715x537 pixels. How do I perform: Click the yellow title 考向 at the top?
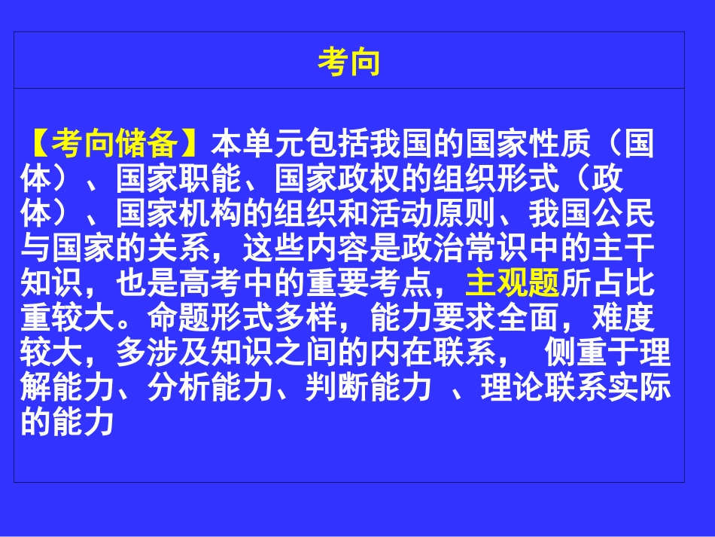point(349,63)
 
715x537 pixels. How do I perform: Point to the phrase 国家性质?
point(528,143)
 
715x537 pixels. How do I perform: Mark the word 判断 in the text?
point(337,390)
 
